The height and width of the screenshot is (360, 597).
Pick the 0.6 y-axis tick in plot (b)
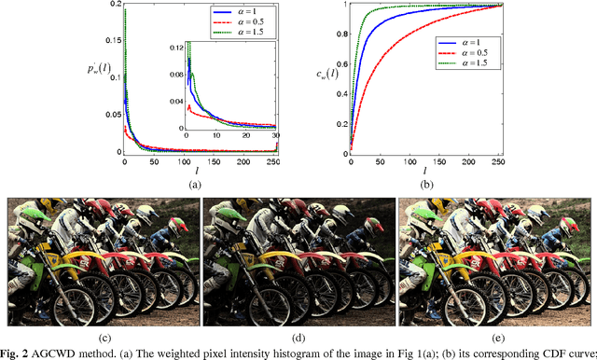[x=337, y=64]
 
